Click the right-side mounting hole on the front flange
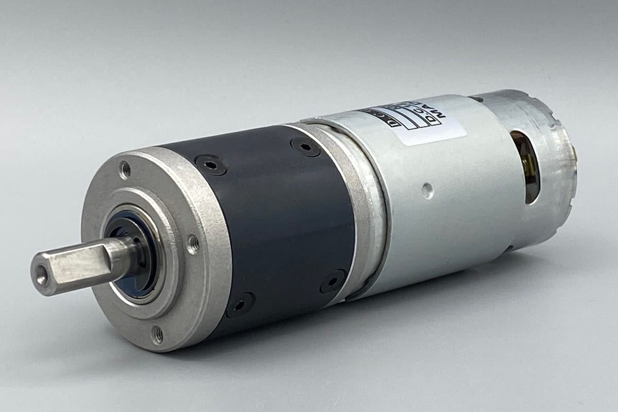pos(193,244)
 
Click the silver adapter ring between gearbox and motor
pos(360,206)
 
